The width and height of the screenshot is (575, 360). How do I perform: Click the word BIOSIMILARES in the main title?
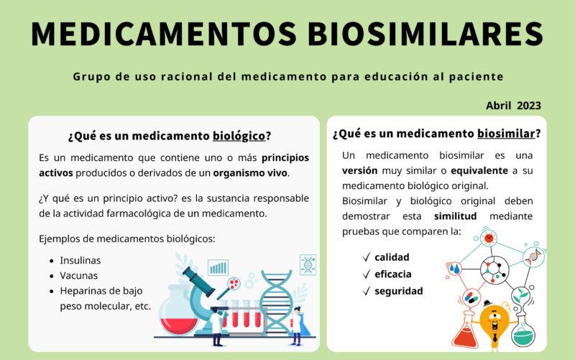[425, 34]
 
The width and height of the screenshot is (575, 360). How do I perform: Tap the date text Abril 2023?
[513, 106]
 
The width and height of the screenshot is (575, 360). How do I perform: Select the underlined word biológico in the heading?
[239, 136]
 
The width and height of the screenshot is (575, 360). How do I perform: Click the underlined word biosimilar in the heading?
[506, 134]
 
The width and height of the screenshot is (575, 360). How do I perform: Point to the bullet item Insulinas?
[80, 260]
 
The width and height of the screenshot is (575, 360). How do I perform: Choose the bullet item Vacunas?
[79, 276]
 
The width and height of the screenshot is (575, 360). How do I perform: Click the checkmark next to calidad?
[367, 257]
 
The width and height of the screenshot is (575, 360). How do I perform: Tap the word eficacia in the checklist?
[392, 274]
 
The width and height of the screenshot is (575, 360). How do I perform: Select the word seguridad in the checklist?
[399, 291]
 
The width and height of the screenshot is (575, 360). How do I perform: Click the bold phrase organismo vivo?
[250, 173]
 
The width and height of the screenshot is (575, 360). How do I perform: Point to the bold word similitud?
[455, 216]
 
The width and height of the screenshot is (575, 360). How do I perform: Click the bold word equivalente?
[479, 171]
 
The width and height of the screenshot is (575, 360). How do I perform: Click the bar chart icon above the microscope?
[218, 267]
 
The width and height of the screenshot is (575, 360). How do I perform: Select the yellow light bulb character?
[494, 325]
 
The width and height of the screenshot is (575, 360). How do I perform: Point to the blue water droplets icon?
[455, 269]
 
